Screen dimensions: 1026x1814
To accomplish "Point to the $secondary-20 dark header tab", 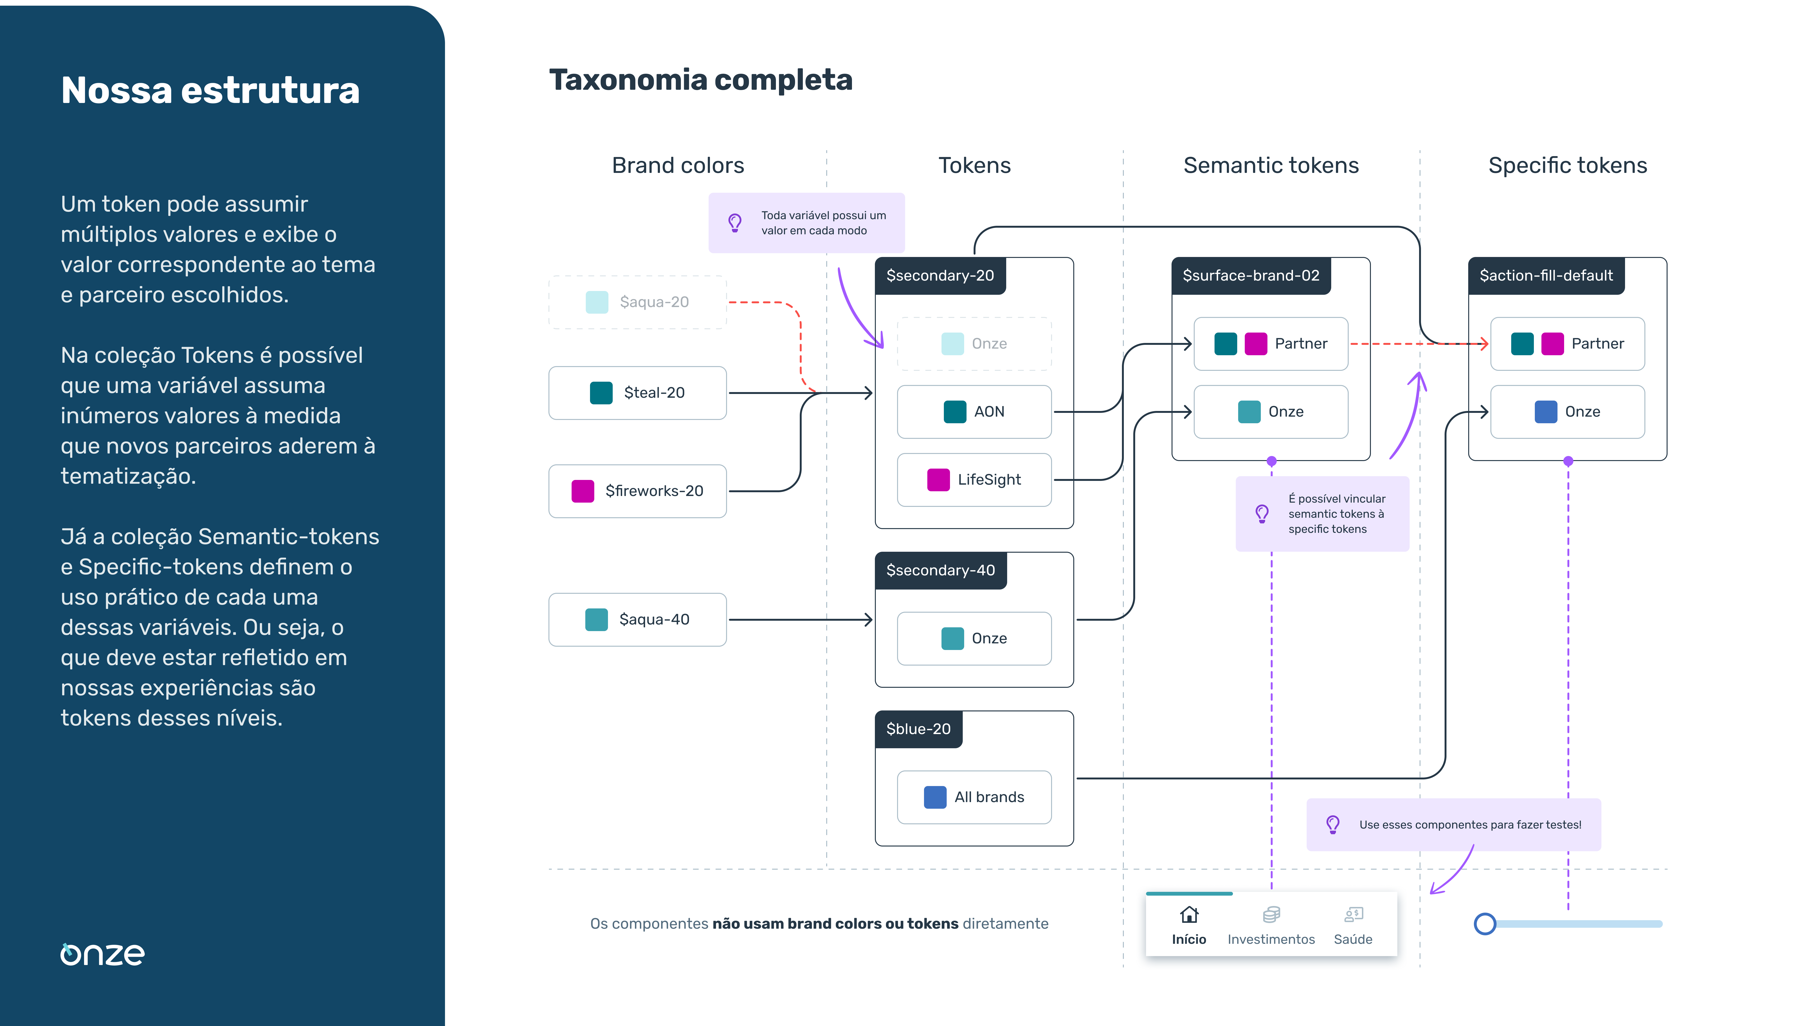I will (940, 276).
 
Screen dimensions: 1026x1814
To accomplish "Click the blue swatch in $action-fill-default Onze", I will (1546, 411).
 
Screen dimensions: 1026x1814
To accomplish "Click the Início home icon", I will (1189, 915).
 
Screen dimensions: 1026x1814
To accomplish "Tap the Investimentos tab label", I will (1271, 939).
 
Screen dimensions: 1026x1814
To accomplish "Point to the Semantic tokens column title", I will (1271, 166).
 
